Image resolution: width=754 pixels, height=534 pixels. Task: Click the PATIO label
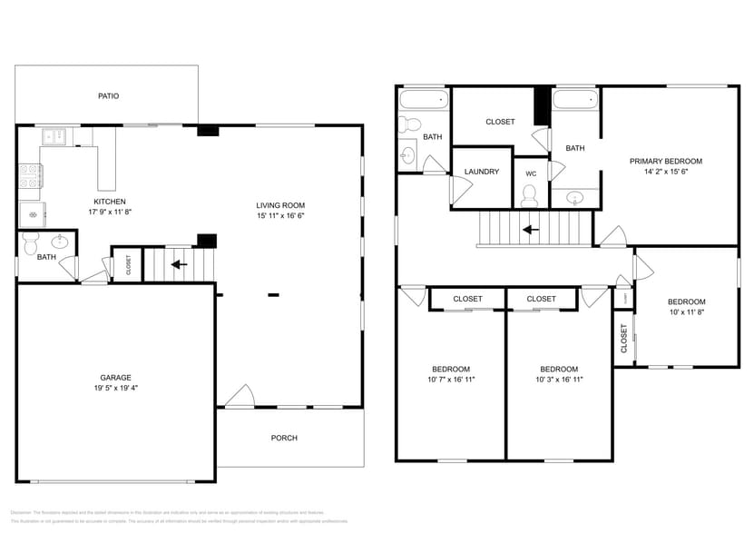tap(108, 95)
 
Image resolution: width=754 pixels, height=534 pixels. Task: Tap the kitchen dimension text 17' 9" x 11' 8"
tap(109, 212)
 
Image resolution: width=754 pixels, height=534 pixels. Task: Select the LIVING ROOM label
tap(279, 205)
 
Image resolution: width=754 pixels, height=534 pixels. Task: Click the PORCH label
tap(284, 438)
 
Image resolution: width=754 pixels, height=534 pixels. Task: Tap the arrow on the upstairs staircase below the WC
tap(530, 230)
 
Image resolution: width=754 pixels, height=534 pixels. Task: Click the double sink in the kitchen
tap(54, 136)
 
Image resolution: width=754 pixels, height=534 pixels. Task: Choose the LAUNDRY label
tap(481, 172)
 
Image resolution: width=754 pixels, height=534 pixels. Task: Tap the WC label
tap(531, 173)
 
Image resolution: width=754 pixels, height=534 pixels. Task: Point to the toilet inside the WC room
tap(529, 195)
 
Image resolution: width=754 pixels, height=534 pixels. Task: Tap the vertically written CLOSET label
tap(623, 339)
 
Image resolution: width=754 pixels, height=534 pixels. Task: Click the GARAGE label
tap(115, 377)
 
